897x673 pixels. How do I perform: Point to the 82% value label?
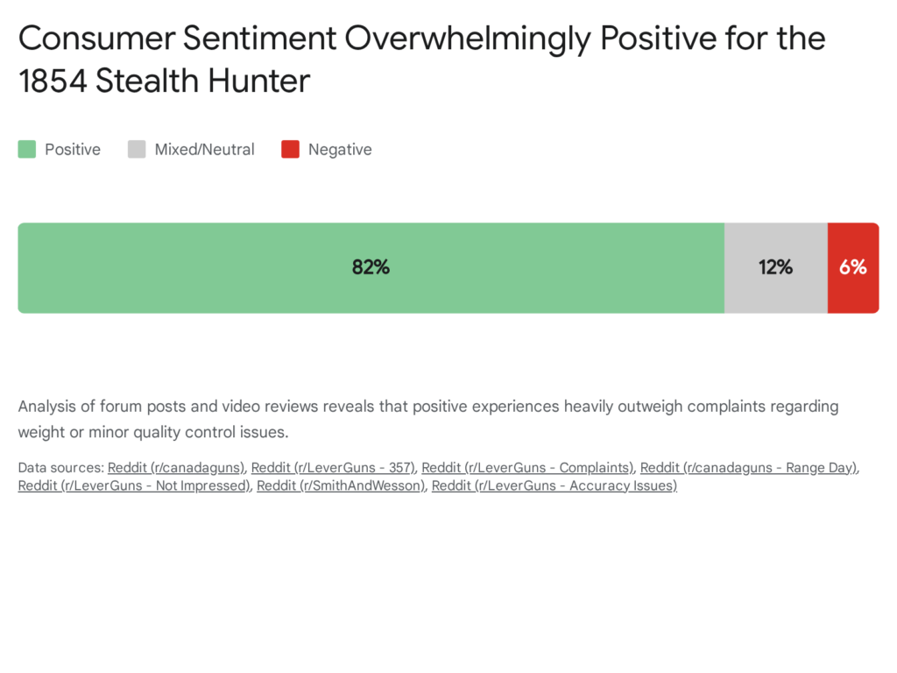[x=371, y=267]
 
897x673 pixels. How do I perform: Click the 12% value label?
[x=775, y=267]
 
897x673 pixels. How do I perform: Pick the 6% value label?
[x=852, y=267]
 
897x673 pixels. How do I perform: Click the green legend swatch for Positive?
[x=27, y=150]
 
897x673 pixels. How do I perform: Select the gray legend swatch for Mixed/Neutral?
[x=137, y=150]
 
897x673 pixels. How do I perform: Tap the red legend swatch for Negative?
[x=290, y=150]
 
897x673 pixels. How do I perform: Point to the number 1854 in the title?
[x=53, y=81]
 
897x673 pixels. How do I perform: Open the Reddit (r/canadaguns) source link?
[x=176, y=468]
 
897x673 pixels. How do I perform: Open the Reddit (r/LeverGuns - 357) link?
[x=333, y=468]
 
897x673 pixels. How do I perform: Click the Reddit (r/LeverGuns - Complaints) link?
[x=527, y=468]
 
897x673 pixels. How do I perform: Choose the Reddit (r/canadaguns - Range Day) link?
[x=749, y=468]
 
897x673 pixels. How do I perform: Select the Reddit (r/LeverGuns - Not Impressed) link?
[x=134, y=485]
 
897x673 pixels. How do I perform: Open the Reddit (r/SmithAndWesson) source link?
[x=341, y=485]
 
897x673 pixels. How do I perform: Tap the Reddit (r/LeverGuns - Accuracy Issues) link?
[x=554, y=485]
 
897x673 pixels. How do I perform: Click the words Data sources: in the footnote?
[x=60, y=468]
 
